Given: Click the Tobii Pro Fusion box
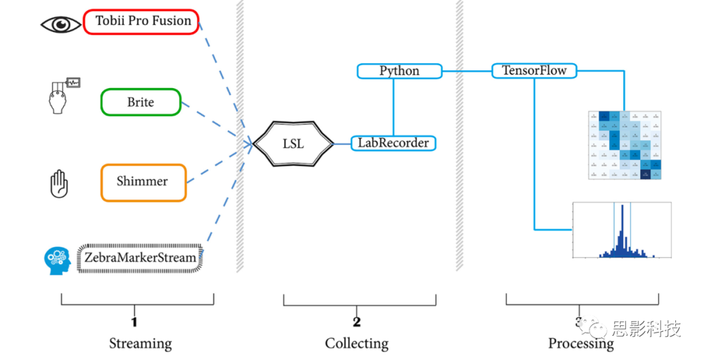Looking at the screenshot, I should tap(141, 22).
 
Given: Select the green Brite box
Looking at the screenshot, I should tap(140, 102).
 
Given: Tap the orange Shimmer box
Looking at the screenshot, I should tap(143, 182).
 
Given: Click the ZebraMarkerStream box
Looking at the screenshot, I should tap(140, 258).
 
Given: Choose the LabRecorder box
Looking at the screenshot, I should tap(393, 143).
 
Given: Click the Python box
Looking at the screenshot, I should tap(399, 71).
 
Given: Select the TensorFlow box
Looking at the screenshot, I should tap(534, 70).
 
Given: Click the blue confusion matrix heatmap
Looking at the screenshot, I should tap(624, 145).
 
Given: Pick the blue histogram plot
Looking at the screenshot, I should tap(621, 232).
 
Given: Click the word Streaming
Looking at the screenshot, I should tap(140, 343).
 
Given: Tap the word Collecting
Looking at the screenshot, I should tap(357, 343).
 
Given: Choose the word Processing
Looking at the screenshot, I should tap(581, 344).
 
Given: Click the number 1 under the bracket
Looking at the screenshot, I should tap(134, 322).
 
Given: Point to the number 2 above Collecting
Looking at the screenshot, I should tap(357, 322).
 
